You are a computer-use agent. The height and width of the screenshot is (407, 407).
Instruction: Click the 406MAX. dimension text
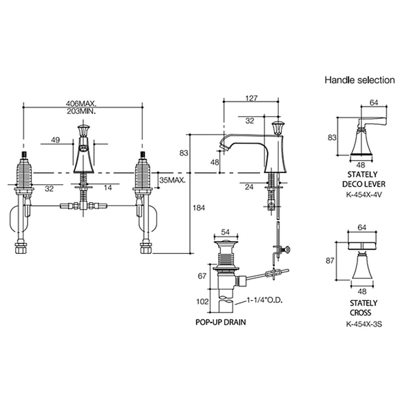(83, 103)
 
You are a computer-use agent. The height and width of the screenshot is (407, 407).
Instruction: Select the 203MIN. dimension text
(83, 111)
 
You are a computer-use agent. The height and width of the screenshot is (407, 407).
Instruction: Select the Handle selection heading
(359, 80)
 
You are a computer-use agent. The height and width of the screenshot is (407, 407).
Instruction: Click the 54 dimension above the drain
(225, 232)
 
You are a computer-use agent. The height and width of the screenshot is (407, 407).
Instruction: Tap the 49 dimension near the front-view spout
(56, 140)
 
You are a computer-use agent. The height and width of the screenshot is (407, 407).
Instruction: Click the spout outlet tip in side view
(222, 146)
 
